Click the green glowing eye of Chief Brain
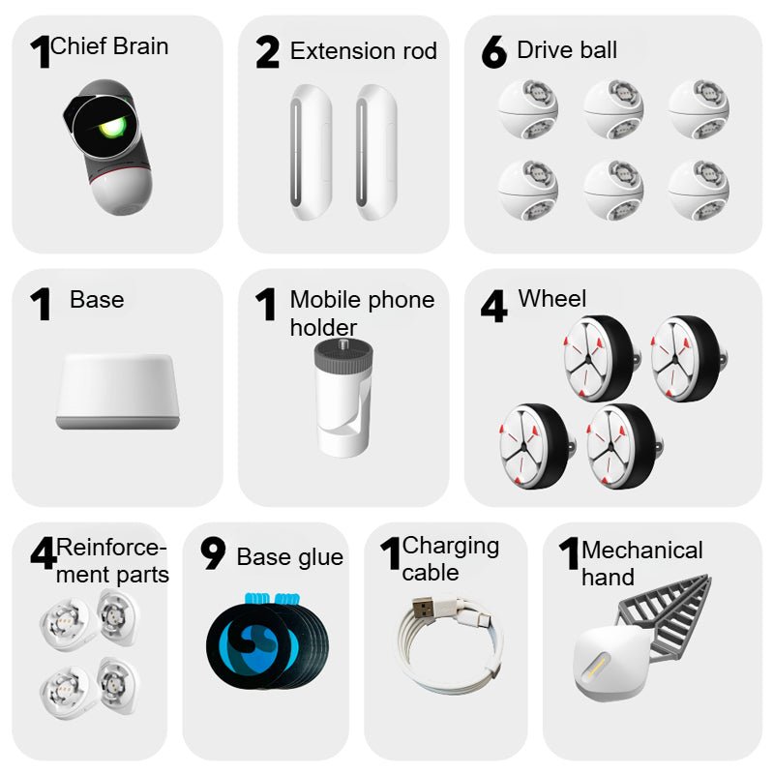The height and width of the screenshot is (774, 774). [x=111, y=128]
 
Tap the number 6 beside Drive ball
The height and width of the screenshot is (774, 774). [x=494, y=52]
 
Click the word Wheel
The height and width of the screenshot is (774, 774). [x=552, y=299]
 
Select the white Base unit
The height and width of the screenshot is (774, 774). [x=117, y=392]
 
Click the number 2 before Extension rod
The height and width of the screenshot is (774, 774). [x=268, y=52]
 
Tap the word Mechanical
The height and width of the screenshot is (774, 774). [x=642, y=551]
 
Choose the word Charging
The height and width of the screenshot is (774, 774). [x=451, y=547]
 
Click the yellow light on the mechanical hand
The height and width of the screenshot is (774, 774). [x=597, y=666]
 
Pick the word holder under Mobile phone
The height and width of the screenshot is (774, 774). [x=323, y=328]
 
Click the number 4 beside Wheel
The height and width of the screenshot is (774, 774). [x=493, y=306]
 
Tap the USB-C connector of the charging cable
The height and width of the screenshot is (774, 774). [x=480, y=618]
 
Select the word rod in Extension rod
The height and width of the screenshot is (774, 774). [x=420, y=51]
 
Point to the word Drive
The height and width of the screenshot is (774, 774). [x=542, y=50]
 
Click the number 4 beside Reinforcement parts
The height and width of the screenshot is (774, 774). [x=44, y=552]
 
